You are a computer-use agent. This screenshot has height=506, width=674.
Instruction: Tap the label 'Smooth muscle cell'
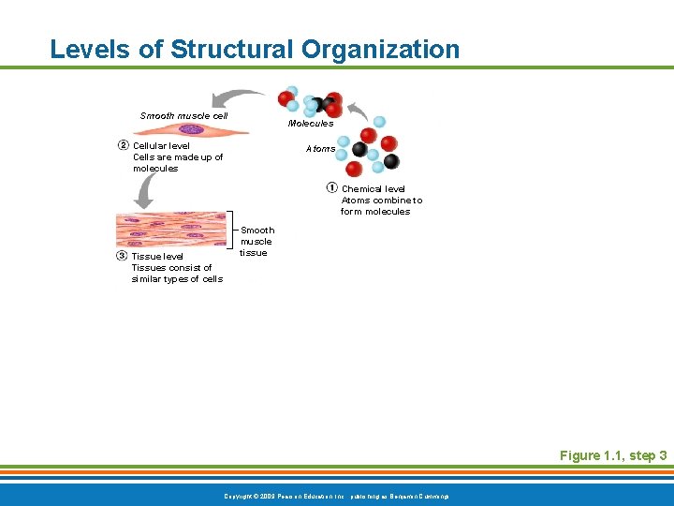pyautogui.click(x=183, y=116)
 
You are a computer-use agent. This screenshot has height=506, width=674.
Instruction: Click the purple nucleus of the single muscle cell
pyautogui.click(x=192, y=129)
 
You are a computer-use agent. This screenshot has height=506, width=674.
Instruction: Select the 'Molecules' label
pyautogui.click(x=310, y=124)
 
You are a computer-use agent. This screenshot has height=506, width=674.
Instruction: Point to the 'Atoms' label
pyautogui.click(x=320, y=149)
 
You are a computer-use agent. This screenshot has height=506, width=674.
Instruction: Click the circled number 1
pyautogui.click(x=332, y=188)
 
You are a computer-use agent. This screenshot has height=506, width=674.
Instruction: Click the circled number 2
pyautogui.click(x=123, y=145)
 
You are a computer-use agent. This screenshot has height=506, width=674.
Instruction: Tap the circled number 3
pyautogui.click(x=122, y=256)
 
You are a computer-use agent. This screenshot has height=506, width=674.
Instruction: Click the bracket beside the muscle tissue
pyautogui.click(x=231, y=232)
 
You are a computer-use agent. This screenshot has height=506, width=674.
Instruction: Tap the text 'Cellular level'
pyautogui.click(x=161, y=146)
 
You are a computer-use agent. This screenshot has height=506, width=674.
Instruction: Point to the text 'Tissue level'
pyautogui.click(x=157, y=256)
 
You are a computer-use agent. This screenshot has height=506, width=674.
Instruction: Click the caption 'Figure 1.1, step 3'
pyautogui.click(x=612, y=455)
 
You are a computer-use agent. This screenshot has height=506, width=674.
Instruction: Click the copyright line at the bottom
pyautogui.click(x=336, y=495)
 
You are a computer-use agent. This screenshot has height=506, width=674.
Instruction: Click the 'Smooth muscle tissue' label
pyautogui.click(x=257, y=242)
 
